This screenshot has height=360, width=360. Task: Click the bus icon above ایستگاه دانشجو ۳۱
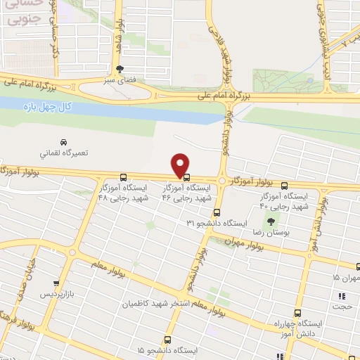(x=216, y=211)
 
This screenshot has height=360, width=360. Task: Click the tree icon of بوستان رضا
(x=271, y=220)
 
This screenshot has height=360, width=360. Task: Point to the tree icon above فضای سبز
(x=121, y=69)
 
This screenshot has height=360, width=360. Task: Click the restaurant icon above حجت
(x=343, y=296)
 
